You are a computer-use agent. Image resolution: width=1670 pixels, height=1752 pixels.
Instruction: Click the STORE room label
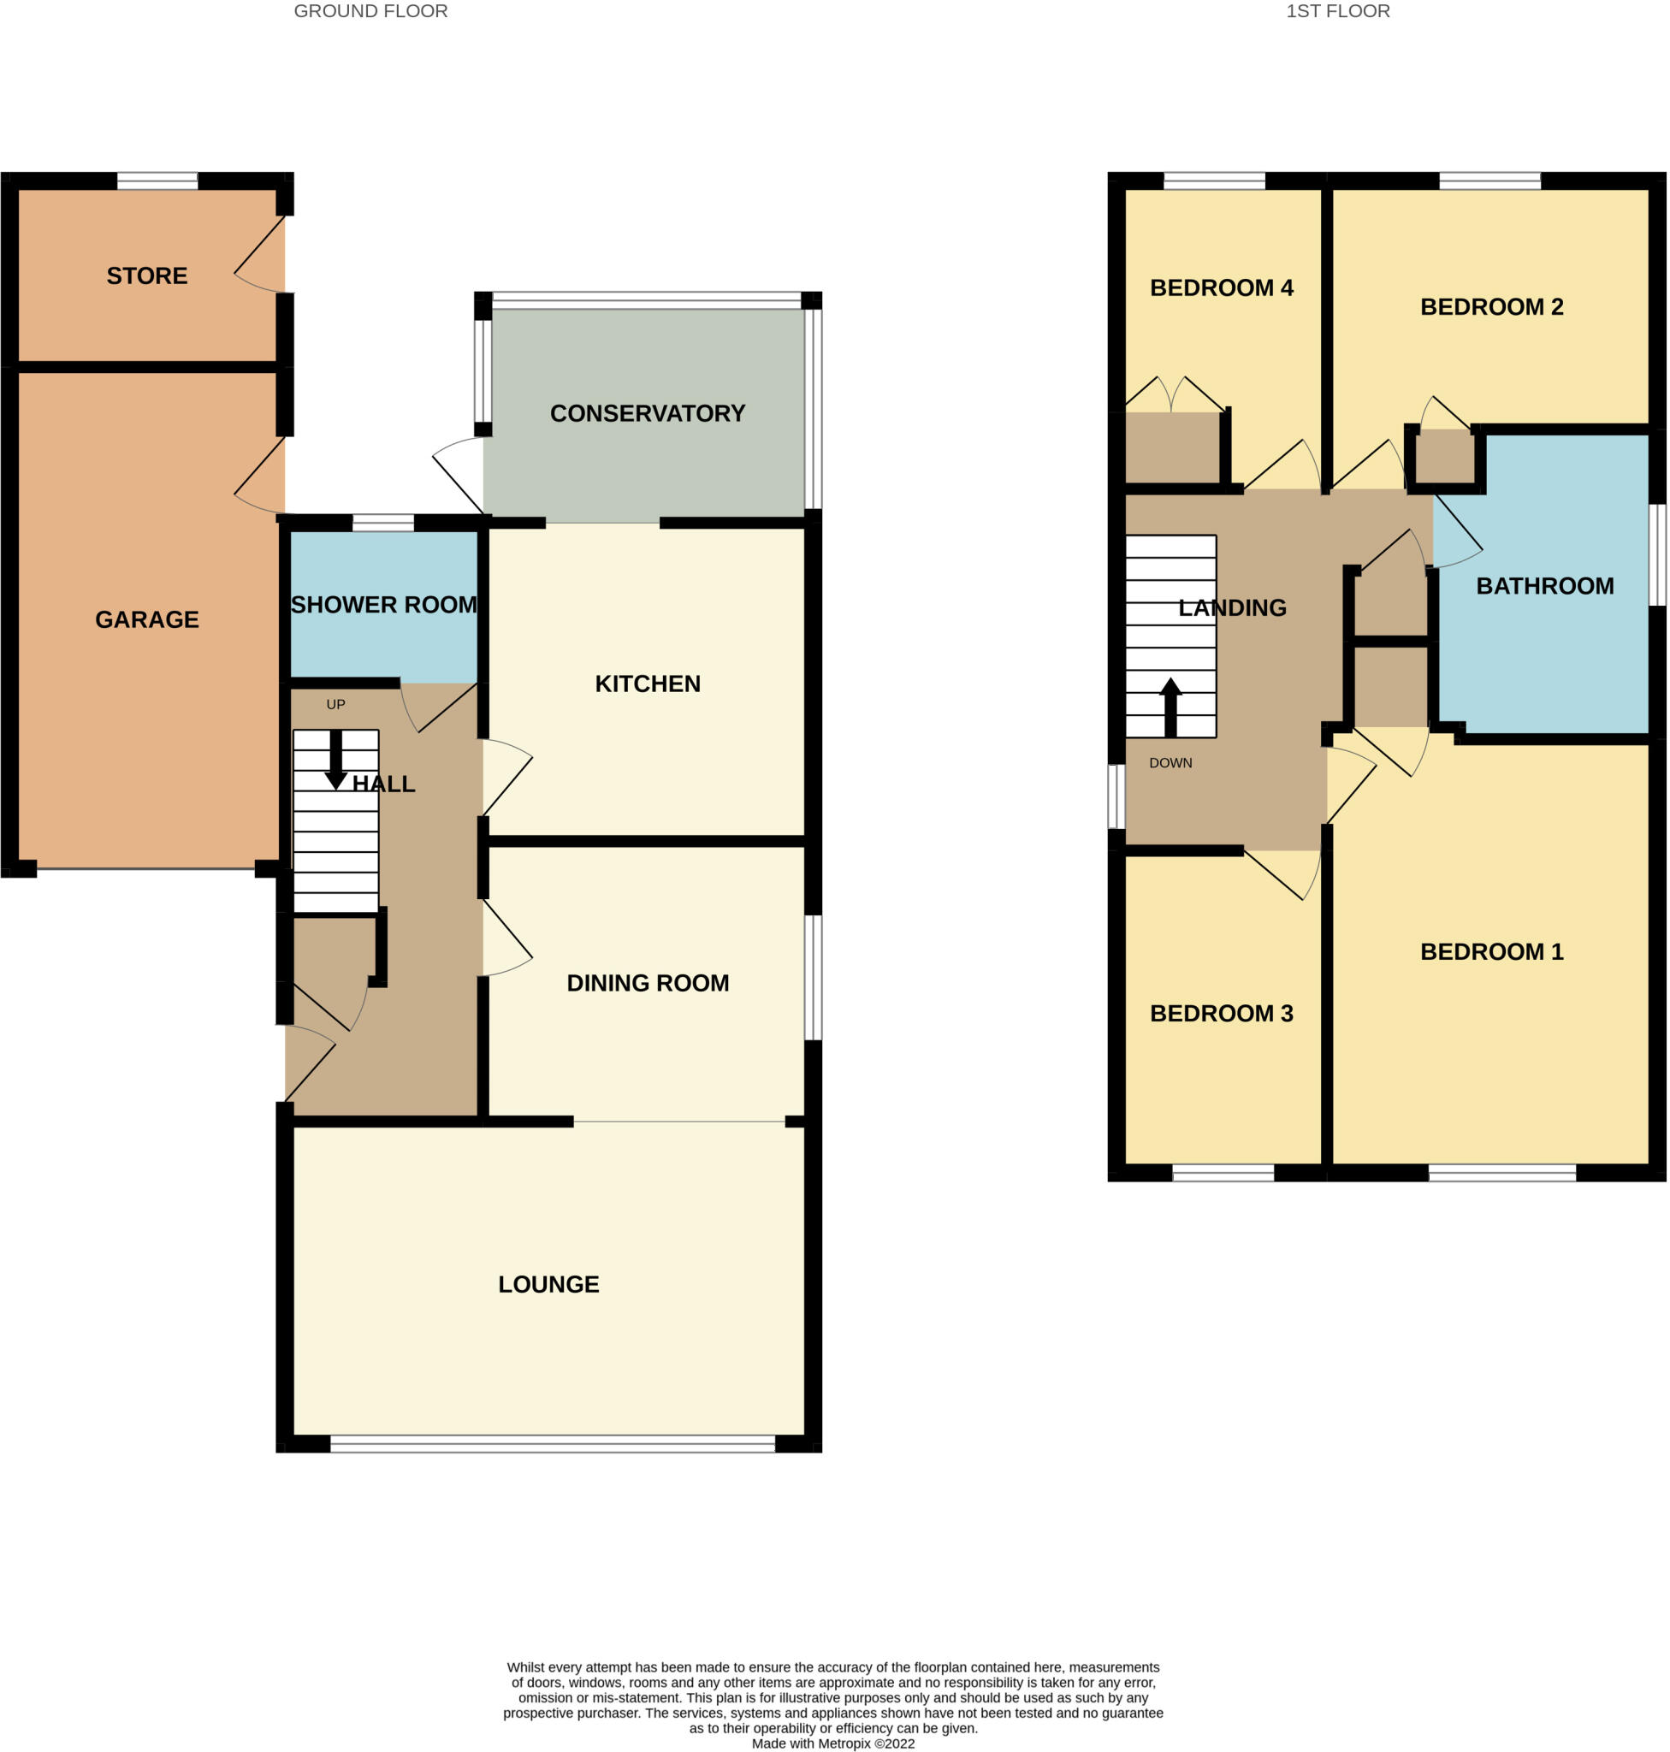coord(147,276)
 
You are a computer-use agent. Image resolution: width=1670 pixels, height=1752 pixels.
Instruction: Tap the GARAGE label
coord(147,619)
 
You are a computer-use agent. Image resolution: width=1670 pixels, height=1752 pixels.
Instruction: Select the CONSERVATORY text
coord(647,413)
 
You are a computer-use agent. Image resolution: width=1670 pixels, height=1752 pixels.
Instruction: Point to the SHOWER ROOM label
coord(383,605)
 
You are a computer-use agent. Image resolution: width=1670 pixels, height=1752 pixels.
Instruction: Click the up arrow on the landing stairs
coord(1170,707)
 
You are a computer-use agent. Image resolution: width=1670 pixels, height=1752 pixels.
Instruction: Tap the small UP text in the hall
coord(335,704)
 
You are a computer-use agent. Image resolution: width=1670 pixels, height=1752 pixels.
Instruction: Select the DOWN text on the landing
coord(1170,763)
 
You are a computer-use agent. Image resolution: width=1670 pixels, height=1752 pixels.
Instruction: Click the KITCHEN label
coord(647,684)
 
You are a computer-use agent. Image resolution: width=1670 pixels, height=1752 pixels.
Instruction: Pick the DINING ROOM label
coord(647,983)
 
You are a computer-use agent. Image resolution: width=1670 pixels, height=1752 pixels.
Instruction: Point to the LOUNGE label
coord(548,1284)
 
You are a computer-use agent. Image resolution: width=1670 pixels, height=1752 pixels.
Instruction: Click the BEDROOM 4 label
coord(1222,287)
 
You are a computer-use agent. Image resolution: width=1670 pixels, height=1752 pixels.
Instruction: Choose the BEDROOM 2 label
coord(1491,307)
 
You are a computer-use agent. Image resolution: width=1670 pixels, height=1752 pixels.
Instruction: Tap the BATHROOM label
coord(1544,586)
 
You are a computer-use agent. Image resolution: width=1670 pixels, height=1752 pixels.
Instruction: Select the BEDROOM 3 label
coord(1222,1013)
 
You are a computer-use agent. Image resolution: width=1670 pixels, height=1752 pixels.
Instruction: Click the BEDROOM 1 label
coord(1491,951)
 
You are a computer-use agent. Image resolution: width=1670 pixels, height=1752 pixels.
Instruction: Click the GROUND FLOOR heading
coord(370,12)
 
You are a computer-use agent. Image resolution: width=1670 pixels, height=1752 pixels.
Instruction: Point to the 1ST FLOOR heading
coord(1337,12)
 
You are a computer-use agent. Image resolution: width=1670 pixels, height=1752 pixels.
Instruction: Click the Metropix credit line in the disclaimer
coord(832,1743)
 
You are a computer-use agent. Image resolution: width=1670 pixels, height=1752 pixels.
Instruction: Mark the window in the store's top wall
coord(157,181)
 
